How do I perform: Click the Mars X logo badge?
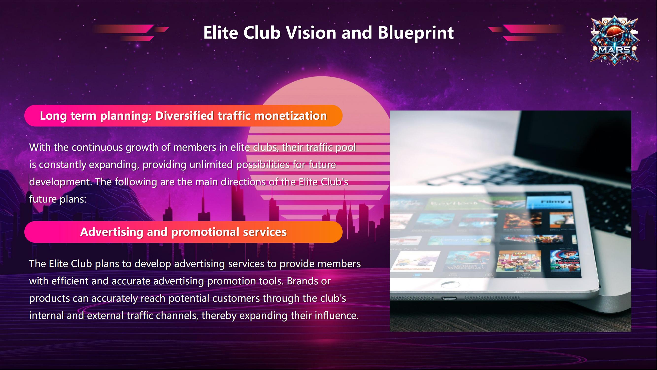point(615,40)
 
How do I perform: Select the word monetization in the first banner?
point(290,116)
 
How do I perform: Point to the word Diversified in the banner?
point(184,116)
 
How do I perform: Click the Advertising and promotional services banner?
point(183,232)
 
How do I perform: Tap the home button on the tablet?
point(451,285)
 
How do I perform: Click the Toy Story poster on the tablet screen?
point(519,261)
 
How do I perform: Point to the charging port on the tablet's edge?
point(449,298)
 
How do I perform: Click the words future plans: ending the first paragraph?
point(58,199)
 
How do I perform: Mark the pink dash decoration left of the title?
point(131,33)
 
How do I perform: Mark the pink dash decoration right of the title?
point(526,33)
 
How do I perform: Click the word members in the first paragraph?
point(195,148)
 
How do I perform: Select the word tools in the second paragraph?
point(271,281)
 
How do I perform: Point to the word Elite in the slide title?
point(221,33)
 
